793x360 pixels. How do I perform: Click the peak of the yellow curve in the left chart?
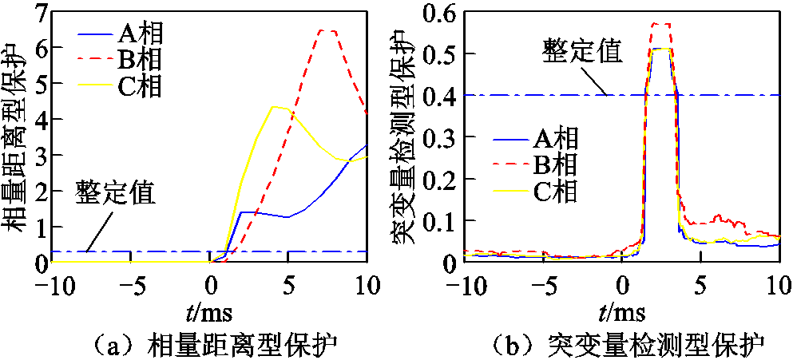[x=276, y=106]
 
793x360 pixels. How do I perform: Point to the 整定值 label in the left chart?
[x=115, y=192]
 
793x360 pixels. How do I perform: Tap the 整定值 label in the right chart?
[x=582, y=51]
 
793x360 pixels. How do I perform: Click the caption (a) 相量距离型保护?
[x=209, y=344]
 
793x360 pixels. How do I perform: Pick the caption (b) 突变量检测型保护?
[x=622, y=344]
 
